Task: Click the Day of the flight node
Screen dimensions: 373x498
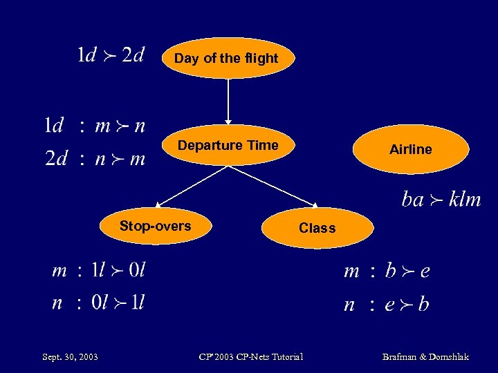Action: [x=226, y=58]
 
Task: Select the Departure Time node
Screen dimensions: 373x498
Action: [x=228, y=145]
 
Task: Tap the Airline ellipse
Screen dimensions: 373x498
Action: [x=410, y=149]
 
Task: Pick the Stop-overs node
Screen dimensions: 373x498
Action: [x=155, y=226]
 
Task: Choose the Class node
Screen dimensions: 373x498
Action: [x=317, y=228]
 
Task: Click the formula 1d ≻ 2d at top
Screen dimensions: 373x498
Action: [x=111, y=55]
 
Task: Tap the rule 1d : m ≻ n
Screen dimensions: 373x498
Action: [x=95, y=126]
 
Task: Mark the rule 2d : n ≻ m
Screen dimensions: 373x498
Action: [x=95, y=159]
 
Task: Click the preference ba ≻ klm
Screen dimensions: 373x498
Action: [x=441, y=200]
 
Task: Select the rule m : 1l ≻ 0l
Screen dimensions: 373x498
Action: [x=99, y=270]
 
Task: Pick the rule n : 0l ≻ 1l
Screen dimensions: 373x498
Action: [x=99, y=303]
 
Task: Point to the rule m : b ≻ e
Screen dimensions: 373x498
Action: [x=387, y=271]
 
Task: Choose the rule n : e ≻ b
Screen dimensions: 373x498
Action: [x=387, y=304]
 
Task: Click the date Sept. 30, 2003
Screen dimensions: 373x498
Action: [x=70, y=356]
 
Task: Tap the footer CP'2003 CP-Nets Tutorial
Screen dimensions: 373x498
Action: [x=250, y=356]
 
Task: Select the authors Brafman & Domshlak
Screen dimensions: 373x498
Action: [x=425, y=356]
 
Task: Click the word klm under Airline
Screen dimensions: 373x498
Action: [x=464, y=200]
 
